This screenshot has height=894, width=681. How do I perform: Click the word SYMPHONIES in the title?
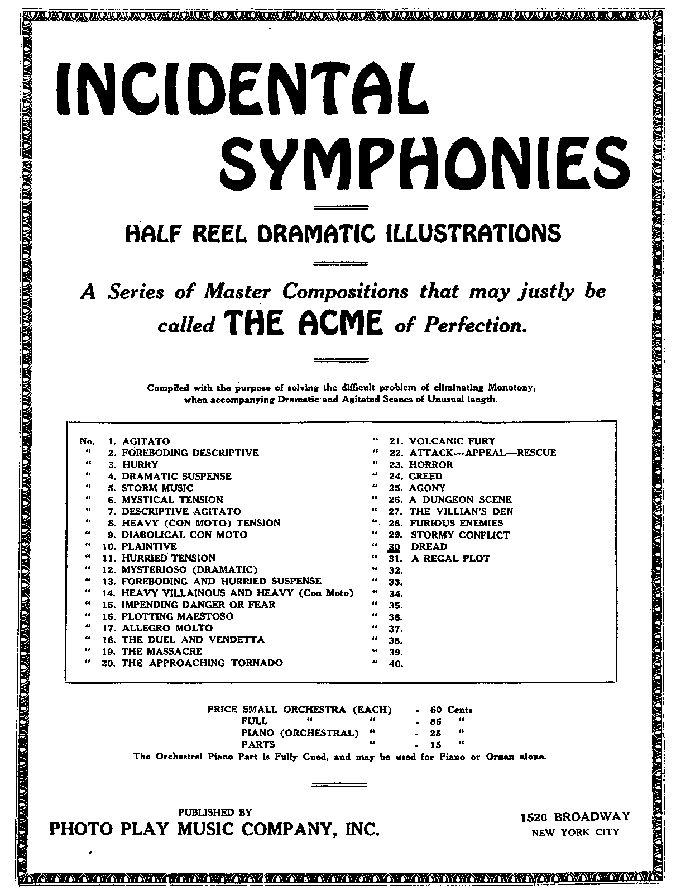(424, 158)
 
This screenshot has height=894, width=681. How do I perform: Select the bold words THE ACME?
(303, 324)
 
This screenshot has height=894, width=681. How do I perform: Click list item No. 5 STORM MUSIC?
(157, 488)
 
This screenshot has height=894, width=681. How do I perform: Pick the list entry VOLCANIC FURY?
(452, 441)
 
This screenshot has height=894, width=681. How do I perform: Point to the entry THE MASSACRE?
(162, 651)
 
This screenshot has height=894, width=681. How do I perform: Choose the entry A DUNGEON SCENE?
(461, 500)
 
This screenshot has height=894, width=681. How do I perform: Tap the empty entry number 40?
(396, 664)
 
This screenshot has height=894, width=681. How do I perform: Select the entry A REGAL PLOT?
(450, 558)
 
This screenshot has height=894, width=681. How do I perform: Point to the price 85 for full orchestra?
(436, 721)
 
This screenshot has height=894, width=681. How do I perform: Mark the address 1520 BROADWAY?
(575, 817)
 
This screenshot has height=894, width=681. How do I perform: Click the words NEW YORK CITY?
(575, 832)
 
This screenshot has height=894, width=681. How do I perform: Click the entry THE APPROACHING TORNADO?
(202, 663)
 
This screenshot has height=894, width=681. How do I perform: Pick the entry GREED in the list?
(425, 476)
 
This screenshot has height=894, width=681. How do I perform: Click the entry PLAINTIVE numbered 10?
(149, 546)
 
